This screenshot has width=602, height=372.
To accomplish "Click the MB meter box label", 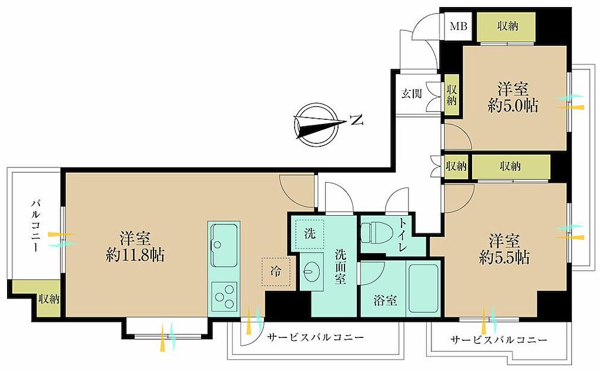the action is pos(459,26).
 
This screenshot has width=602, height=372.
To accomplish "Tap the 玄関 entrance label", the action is pos(412,93).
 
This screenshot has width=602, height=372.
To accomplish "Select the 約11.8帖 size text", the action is pos(135,255).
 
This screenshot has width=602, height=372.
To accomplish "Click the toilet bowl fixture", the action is pos(376,233).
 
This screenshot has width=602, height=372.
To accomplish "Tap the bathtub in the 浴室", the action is pos(424,289).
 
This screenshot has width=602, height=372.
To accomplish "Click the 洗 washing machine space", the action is pos(309,234).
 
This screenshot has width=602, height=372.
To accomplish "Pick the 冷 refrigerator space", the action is pos(276,272).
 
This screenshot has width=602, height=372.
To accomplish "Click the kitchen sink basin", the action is pos(224,245).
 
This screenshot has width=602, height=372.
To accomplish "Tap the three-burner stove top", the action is pos(224,296).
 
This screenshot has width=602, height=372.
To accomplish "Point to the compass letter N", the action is pos(357,121).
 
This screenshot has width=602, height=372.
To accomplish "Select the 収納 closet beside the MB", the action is pos(506,26).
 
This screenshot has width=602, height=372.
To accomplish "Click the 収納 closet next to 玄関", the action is pos(451,95).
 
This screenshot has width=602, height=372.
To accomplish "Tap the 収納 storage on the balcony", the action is pos(48,299).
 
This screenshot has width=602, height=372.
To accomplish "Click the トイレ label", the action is pos(402,234).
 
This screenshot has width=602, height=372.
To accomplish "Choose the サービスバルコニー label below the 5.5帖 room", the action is pos(499,340).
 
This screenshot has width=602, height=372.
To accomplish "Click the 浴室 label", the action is pos(385,301).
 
